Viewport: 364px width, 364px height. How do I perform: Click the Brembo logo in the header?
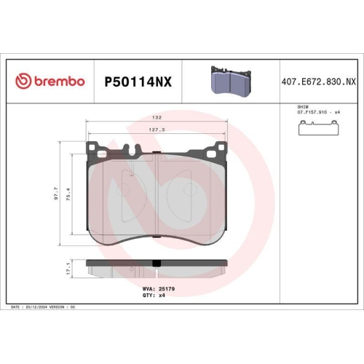point(50,81)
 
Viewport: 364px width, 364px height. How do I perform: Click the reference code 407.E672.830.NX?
point(317,82)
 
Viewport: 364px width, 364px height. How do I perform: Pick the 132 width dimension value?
point(156,116)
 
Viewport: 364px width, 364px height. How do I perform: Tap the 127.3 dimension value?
point(156,130)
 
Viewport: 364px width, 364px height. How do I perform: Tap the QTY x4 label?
point(154,295)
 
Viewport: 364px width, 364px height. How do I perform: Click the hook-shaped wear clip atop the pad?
point(132,151)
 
